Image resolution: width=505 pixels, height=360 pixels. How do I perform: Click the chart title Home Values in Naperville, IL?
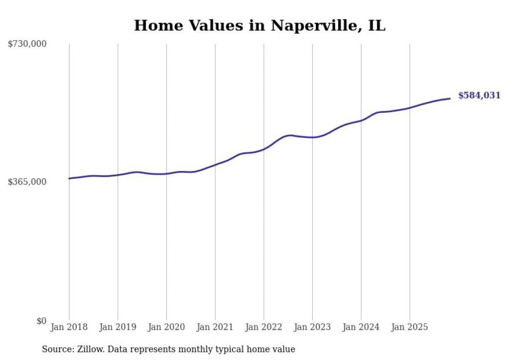tap(259, 25)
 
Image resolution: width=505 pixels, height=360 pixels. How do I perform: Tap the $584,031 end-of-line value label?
tap(479, 95)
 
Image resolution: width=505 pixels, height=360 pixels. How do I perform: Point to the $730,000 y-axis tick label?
tap(27, 44)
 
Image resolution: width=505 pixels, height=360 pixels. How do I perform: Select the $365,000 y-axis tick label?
tap(27, 182)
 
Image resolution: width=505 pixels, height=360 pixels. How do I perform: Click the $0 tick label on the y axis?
tap(41, 321)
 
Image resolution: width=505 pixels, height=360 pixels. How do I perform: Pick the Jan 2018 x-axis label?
tap(69, 327)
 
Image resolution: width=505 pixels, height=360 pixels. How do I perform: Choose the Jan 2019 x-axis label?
tap(117, 327)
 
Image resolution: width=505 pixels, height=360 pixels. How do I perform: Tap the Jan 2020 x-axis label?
tap(166, 327)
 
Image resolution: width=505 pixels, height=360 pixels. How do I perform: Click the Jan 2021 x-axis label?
tap(215, 327)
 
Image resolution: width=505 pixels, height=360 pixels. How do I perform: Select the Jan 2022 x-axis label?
tap(264, 327)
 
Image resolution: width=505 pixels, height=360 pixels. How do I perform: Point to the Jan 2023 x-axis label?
tap(312, 327)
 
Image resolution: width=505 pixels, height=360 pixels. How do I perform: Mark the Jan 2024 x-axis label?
tap(361, 327)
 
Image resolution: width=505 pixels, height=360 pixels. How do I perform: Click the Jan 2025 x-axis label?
tap(410, 327)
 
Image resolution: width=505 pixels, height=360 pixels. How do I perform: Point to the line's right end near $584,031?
tap(450, 98)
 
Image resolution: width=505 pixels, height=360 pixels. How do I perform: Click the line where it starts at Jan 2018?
tap(69, 178)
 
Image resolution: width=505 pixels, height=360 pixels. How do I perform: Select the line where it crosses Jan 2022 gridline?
tap(264, 149)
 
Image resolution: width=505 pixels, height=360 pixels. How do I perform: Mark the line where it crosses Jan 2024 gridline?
tap(361, 120)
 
